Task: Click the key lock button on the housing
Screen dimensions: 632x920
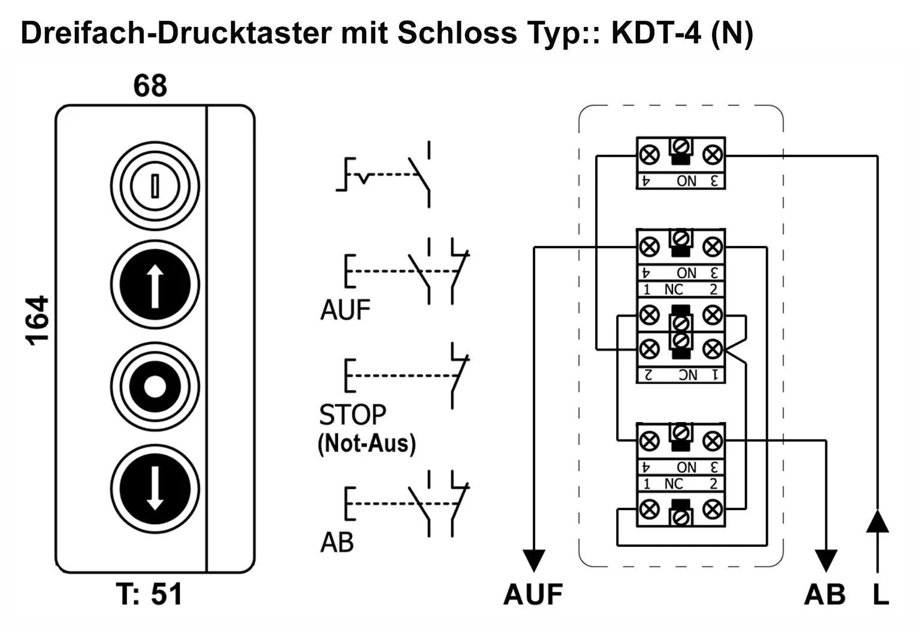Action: (x=155, y=185)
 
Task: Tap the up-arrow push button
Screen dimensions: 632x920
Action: (x=155, y=285)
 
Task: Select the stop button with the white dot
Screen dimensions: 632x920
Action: (x=155, y=386)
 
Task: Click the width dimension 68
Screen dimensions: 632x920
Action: (x=150, y=86)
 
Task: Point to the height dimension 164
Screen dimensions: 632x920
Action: (x=37, y=321)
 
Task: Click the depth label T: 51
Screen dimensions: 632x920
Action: (x=150, y=594)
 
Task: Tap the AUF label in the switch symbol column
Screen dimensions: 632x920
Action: (x=345, y=310)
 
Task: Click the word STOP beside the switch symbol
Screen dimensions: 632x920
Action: (x=352, y=414)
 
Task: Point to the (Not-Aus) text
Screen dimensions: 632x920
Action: (x=366, y=444)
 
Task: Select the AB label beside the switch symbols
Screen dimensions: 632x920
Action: (x=337, y=543)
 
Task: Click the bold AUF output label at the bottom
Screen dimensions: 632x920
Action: (x=533, y=594)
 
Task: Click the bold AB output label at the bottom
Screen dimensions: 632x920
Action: (x=825, y=594)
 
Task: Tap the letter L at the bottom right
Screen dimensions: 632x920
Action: (x=879, y=594)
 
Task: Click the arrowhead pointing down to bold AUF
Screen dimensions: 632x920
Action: (x=533, y=560)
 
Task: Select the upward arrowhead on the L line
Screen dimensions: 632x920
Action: (x=877, y=520)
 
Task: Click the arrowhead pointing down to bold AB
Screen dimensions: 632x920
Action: (x=827, y=560)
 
